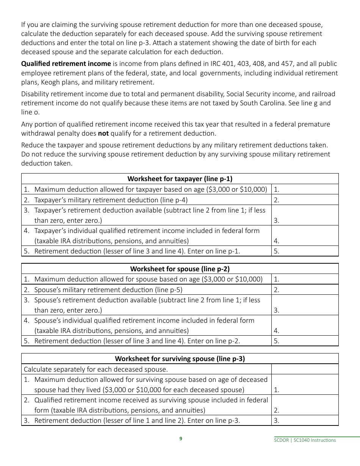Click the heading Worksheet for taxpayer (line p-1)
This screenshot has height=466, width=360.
[180, 179]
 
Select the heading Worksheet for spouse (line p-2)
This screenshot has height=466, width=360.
[180, 269]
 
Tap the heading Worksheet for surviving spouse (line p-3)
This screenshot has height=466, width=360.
[180, 359]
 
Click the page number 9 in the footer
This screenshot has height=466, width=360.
[181, 439]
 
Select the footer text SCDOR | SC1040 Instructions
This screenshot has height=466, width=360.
[305, 440]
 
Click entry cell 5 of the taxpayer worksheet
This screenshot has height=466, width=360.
[305, 251]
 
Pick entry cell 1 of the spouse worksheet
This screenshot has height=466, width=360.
[305, 279]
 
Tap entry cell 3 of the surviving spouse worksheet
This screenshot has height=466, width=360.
[305, 420]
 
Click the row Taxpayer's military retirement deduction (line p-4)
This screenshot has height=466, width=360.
[111, 200]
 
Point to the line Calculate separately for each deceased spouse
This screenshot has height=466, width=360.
[96, 369]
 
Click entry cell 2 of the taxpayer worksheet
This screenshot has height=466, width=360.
[305, 200]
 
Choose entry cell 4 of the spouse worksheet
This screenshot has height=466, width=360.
[305, 326]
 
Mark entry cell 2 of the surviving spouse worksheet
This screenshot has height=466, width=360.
[305, 405]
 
